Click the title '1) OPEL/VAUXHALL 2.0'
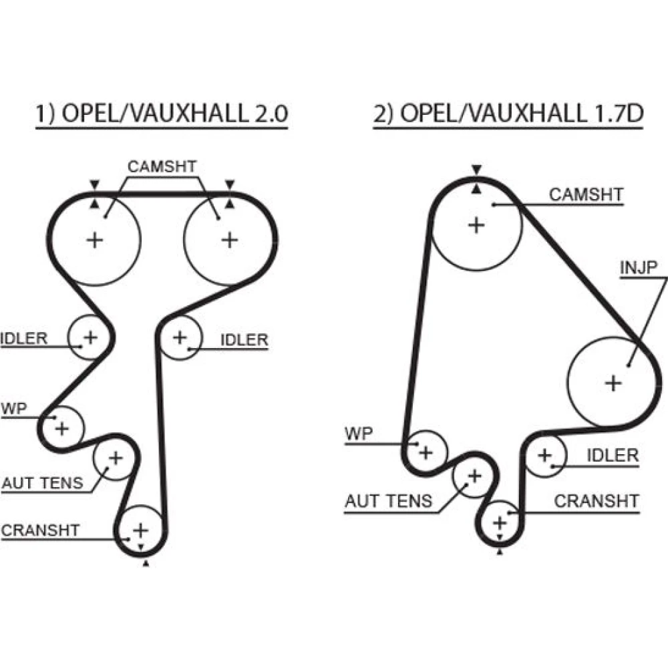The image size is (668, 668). click(x=161, y=114)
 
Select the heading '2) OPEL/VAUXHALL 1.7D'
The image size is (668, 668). click(x=508, y=114)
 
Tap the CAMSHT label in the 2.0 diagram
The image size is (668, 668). click(x=162, y=166)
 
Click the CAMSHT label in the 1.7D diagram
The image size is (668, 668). click(x=586, y=195)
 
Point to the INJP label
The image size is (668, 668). click(x=639, y=268)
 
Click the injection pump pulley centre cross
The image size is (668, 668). click(x=613, y=383)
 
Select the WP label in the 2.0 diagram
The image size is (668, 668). click(x=14, y=408)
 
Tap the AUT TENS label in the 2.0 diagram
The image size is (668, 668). click(x=43, y=482)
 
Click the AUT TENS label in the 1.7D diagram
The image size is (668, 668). click(x=389, y=500)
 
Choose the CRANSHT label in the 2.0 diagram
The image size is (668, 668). click(x=41, y=530)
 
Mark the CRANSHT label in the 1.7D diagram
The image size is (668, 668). click(x=597, y=500)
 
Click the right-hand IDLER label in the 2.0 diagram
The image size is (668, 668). click(x=244, y=340)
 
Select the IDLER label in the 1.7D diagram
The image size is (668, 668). click(x=613, y=456)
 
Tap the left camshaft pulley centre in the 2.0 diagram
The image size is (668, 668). click(x=95, y=238)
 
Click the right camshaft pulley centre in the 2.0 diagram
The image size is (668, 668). click(x=229, y=238)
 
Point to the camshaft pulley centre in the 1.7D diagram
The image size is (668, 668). click(x=476, y=225)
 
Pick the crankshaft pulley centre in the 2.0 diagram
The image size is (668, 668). click(x=140, y=530)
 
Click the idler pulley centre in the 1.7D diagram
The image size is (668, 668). click(x=544, y=456)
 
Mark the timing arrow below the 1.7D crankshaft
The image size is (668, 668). click(x=500, y=552)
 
